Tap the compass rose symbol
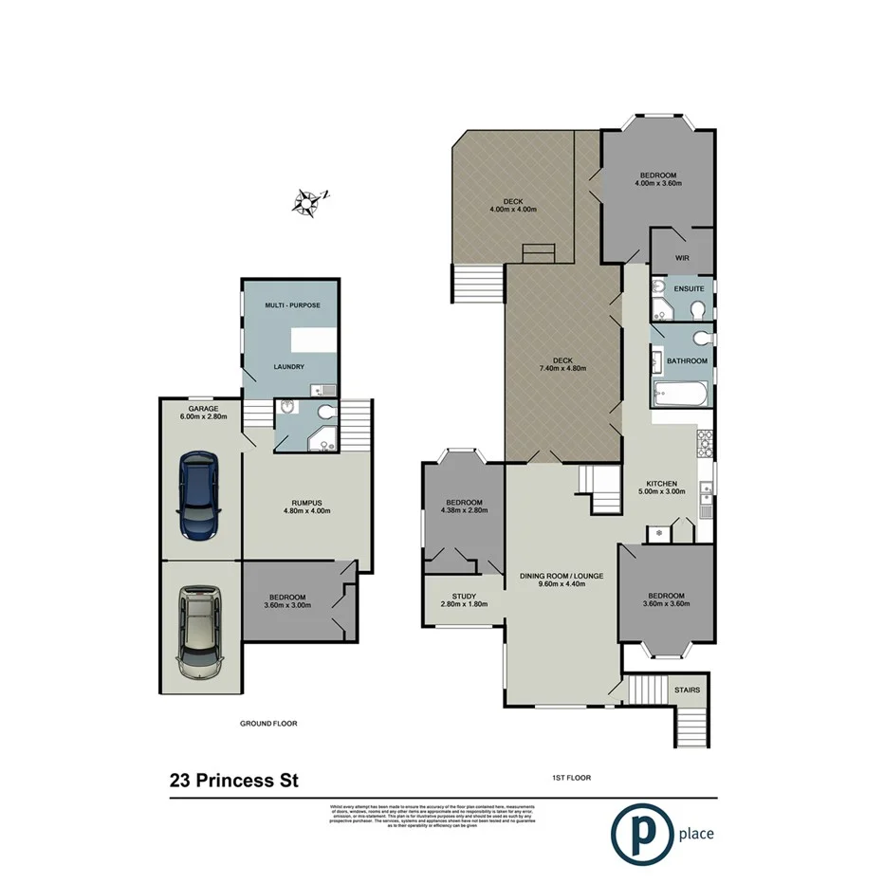click(x=308, y=201)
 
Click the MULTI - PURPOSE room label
click(x=293, y=305)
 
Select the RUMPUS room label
click(x=307, y=502)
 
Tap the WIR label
click(x=681, y=257)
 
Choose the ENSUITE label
click(x=690, y=288)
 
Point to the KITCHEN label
click(x=662, y=483)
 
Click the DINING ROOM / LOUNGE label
click(x=562, y=576)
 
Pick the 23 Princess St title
click(x=233, y=782)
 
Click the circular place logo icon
click(x=636, y=834)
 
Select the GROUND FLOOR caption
click(x=268, y=723)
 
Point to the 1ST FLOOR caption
click(x=571, y=778)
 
